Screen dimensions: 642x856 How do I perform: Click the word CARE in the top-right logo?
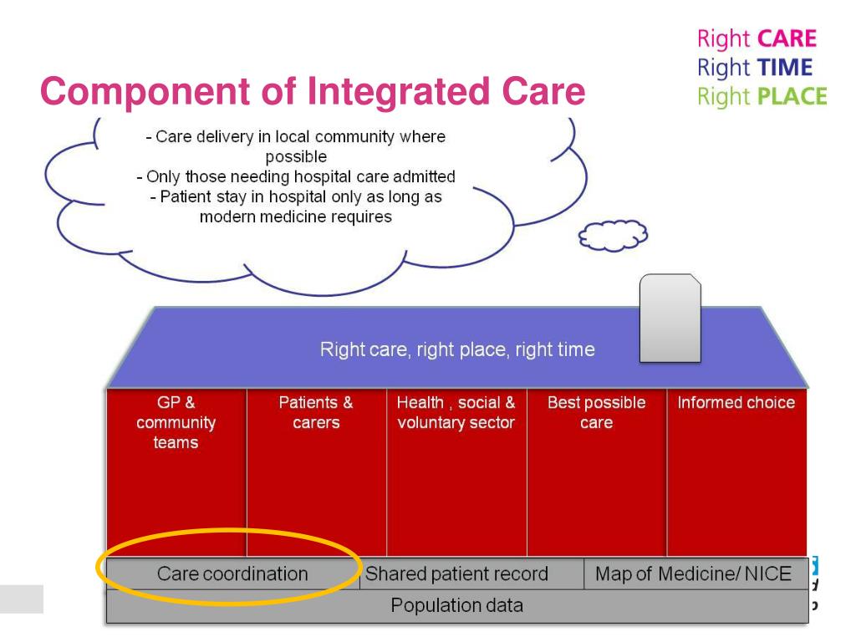[792, 38]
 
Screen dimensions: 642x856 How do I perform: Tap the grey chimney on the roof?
[670, 318]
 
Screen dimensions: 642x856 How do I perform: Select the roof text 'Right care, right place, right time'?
[457, 350]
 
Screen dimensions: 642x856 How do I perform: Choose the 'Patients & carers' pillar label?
[316, 412]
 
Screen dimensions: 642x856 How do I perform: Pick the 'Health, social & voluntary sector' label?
[456, 412]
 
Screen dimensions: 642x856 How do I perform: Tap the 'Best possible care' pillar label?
[596, 412]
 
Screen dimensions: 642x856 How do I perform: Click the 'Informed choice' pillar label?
[736, 403]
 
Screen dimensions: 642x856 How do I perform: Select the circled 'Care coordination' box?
[232, 574]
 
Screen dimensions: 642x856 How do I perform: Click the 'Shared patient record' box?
[456, 574]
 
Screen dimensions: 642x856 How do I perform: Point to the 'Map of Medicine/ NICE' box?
[693, 574]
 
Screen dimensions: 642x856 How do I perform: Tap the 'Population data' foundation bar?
[457, 605]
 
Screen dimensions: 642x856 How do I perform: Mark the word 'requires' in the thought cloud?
[364, 217]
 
